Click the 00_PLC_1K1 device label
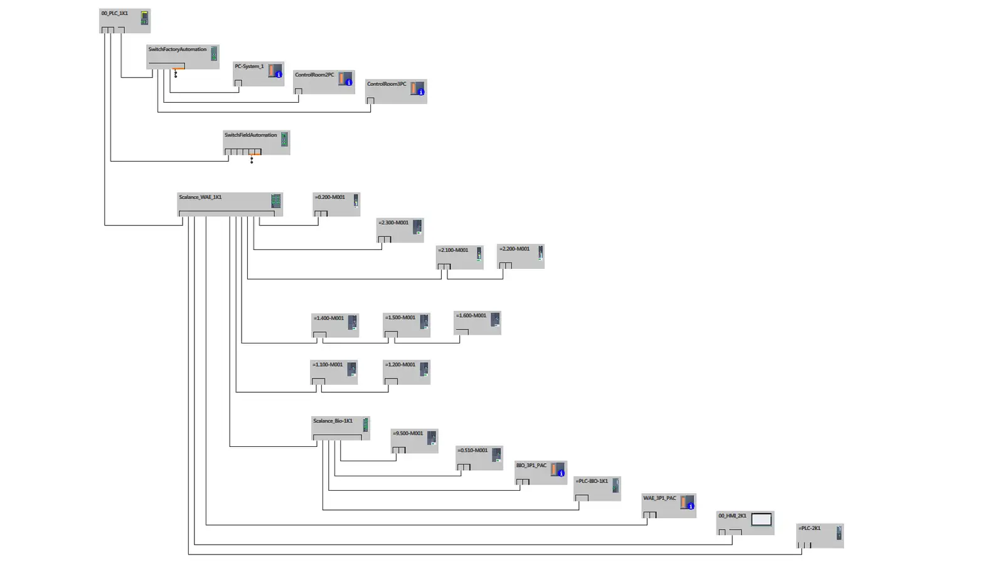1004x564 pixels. pos(115,13)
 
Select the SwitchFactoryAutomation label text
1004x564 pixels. pos(177,50)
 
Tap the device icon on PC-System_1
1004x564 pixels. pos(275,71)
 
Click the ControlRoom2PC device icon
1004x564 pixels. pos(345,79)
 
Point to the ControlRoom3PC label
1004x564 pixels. pos(387,84)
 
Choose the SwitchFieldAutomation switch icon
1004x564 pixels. pos(284,139)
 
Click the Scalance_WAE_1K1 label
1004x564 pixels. pos(200,197)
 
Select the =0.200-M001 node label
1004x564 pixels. pos(330,197)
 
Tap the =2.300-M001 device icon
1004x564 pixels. pos(417,227)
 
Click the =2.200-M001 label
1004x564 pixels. pos(515,249)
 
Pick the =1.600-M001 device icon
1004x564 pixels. pos(495,320)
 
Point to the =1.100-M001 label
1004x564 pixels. pos(328,365)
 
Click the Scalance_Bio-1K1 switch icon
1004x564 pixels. pos(365,425)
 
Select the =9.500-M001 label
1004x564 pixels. pos(408,434)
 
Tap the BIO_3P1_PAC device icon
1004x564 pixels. pos(557,470)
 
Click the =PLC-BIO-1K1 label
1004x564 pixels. pos(592,481)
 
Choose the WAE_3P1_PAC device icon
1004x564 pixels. pos(687,503)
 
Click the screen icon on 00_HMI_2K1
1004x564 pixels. pos(761,520)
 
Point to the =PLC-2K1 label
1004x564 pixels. pos(809,528)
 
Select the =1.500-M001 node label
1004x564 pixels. pos(400,318)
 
